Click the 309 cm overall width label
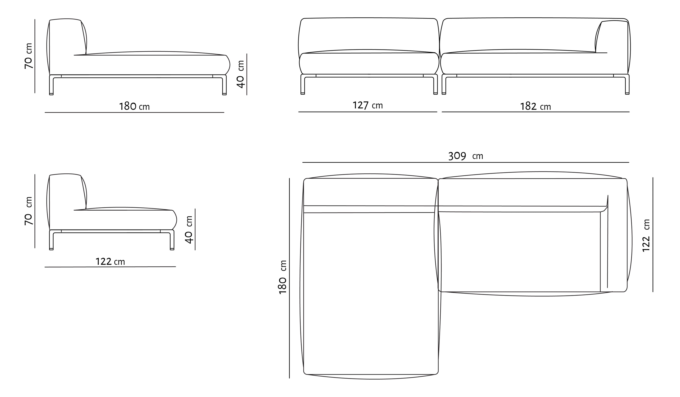[x=465, y=156]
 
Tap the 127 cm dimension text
[x=368, y=105]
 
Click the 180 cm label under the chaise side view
[x=134, y=106]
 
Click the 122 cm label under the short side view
[x=110, y=261]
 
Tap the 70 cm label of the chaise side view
[x=28, y=56]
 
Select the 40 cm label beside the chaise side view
[x=240, y=74]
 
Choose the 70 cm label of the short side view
[x=28, y=211]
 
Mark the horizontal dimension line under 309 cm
[x=465, y=162]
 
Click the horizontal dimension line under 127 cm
[x=368, y=112]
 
